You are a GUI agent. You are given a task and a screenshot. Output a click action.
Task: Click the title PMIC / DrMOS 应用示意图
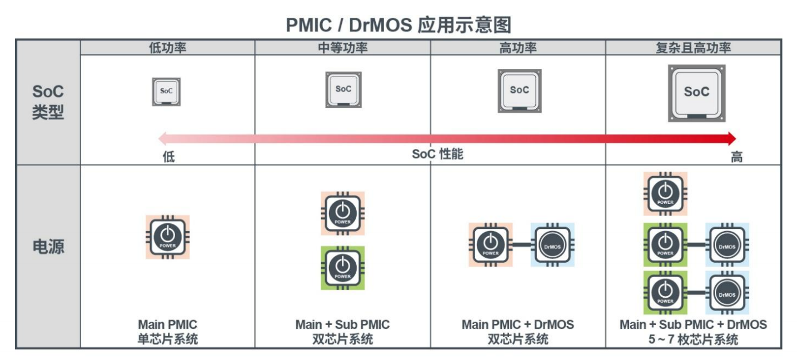(x=398, y=25)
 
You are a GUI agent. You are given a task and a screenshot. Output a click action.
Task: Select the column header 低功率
(x=168, y=48)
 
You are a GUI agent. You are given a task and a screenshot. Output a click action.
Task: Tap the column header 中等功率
(x=342, y=48)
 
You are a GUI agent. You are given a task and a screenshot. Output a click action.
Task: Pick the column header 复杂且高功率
(x=693, y=48)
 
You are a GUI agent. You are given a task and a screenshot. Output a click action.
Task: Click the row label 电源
(x=48, y=247)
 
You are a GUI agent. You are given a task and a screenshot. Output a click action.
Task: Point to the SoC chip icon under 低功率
(x=166, y=92)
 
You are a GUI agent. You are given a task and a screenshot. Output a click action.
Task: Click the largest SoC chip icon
(x=696, y=93)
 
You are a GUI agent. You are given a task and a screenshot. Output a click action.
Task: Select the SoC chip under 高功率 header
(x=520, y=91)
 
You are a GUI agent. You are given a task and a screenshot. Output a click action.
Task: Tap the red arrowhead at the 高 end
(x=731, y=138)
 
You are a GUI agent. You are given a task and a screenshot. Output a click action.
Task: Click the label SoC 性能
(x=437, y=154)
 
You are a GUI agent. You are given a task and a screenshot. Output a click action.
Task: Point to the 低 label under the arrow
(x=168, y=157)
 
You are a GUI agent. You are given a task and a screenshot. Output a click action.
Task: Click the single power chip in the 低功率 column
(x=168, y=237)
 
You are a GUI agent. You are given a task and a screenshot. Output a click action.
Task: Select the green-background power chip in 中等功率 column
(x=342, y=268)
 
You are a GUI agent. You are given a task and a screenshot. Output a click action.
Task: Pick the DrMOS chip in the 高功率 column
(x=552, y=245)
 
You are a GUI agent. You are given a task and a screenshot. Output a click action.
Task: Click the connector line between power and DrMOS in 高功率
(x=522, y=245)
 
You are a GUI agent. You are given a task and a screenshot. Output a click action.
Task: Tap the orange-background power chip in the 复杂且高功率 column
(x=665, y=194)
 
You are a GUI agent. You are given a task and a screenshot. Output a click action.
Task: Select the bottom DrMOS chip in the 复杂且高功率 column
(x=728, y=293)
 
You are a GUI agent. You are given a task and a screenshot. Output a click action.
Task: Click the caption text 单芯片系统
(x=168, y=339)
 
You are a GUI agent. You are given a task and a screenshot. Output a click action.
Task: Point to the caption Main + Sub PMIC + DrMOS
(x=693, y=324)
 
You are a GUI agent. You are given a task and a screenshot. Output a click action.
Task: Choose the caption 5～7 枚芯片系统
(x=693, y=339)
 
